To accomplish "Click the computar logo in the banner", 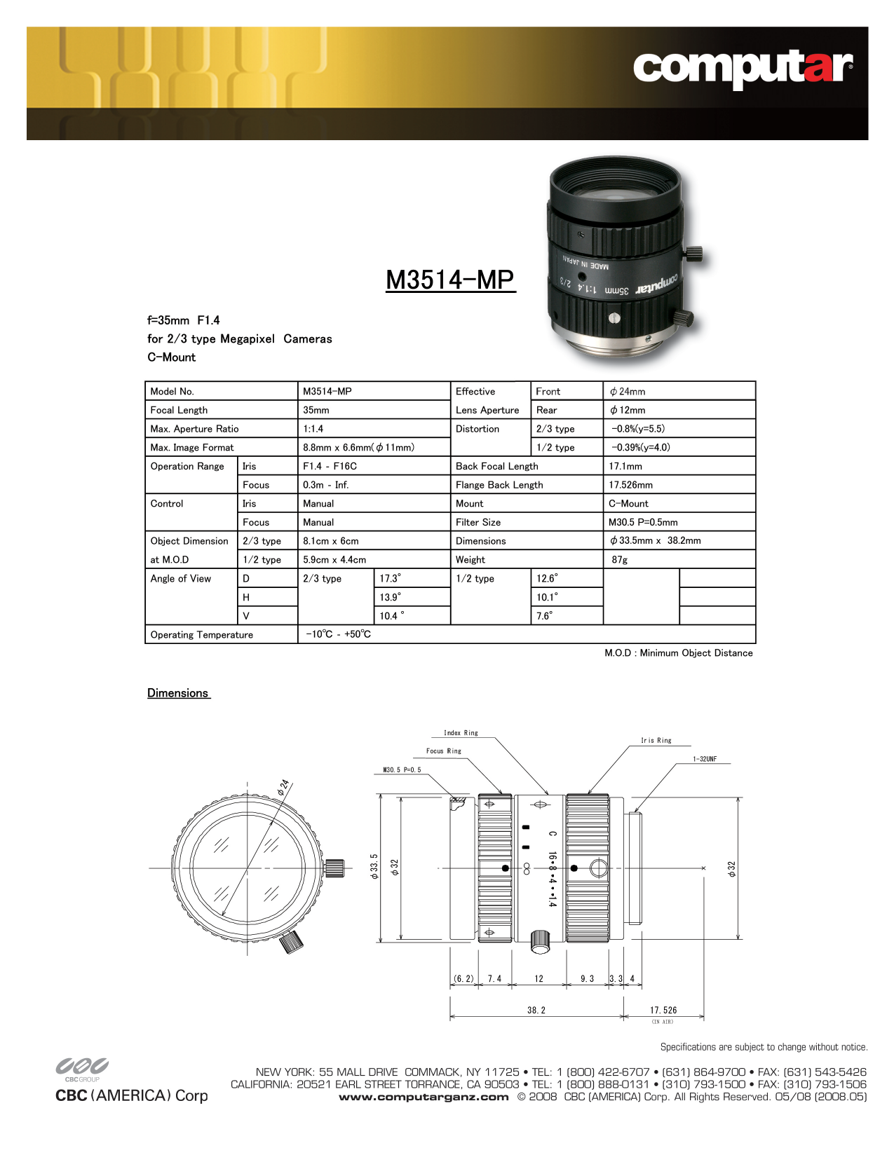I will (743, 69).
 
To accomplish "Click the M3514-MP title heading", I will (450, 280).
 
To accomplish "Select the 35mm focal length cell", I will (316, 410).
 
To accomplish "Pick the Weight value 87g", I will (620, 560).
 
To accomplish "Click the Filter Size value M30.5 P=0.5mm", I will (643, 522).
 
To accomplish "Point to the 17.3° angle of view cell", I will (390, 579).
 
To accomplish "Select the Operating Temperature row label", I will (202, 635).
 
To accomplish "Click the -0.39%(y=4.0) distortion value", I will (640, 448).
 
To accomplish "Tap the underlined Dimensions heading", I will (178, 693).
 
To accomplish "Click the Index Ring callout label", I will (461, 733).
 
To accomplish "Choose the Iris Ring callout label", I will (656, 740).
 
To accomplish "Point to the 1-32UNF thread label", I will (705, 759).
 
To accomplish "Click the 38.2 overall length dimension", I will (536, 1010).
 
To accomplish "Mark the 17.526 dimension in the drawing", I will (663, 1010).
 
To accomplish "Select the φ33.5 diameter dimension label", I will (374, 866).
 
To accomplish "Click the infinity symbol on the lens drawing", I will (526, 868).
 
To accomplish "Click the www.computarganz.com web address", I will (424, 1097).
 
